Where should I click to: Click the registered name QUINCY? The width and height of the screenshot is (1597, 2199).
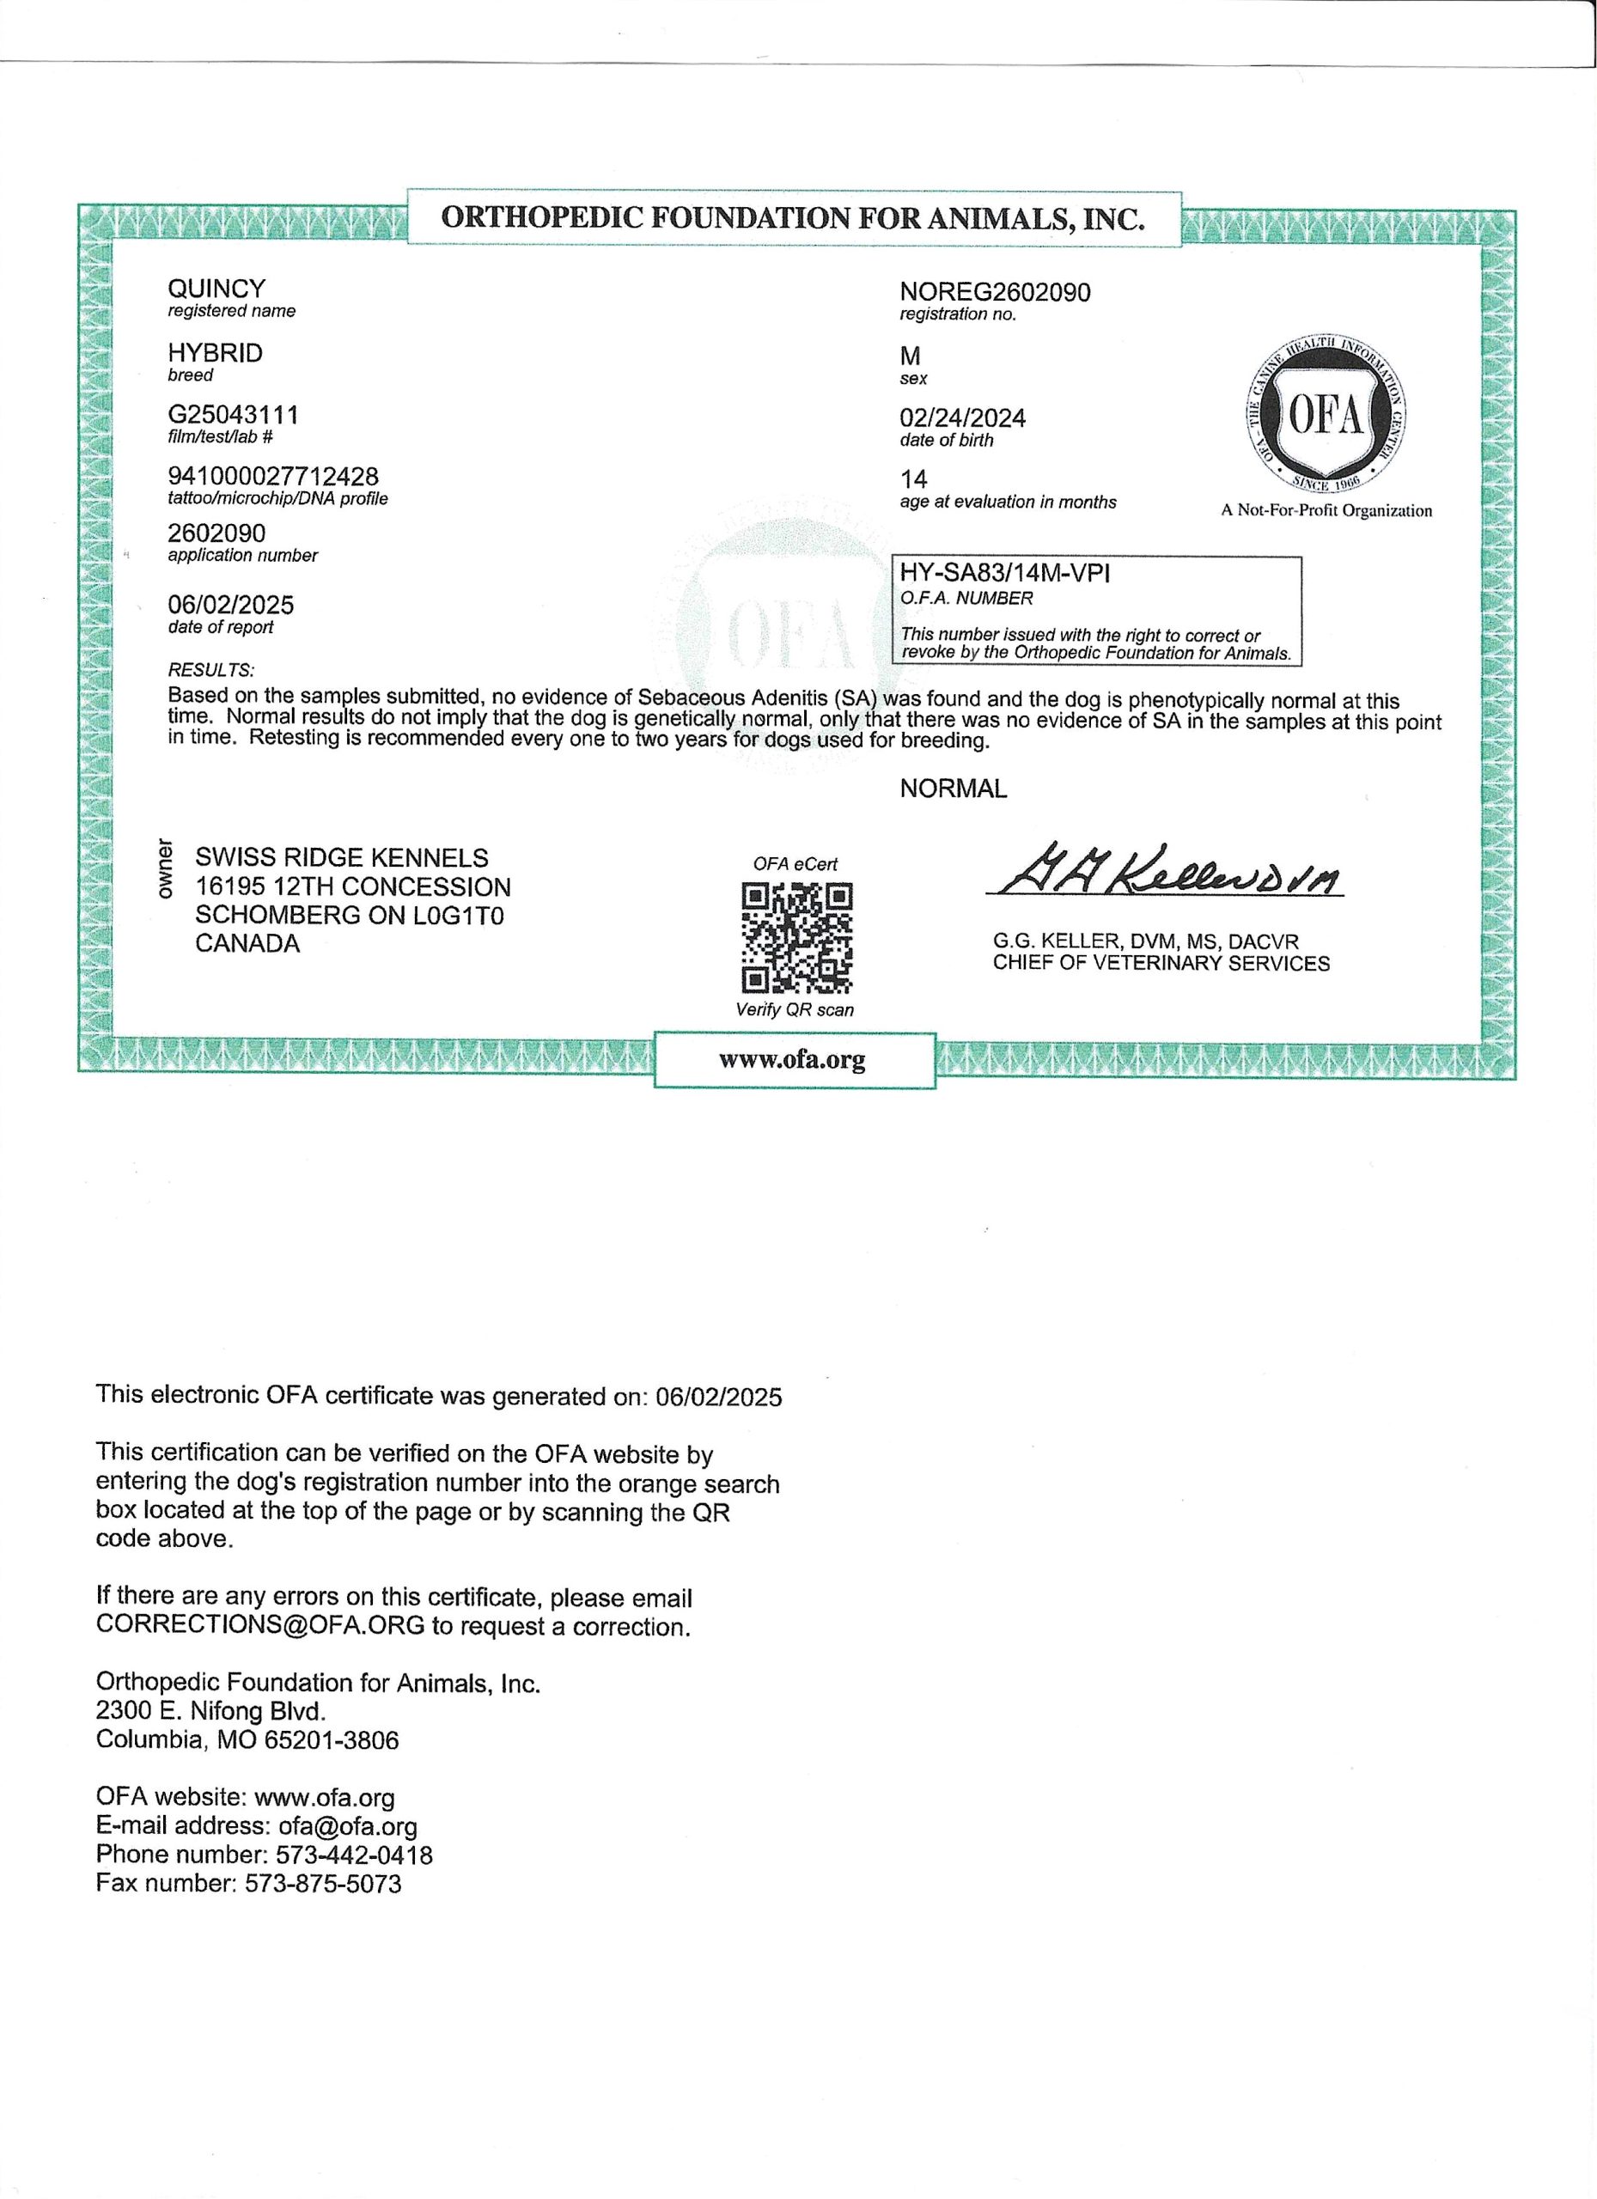pos(216,288)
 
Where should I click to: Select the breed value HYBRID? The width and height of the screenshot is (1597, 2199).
pos(216,353)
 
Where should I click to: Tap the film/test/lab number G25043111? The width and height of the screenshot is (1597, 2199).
pos(233,415)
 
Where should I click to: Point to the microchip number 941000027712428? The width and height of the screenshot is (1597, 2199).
pos(273,476)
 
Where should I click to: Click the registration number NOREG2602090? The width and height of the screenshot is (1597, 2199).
pos(995,292)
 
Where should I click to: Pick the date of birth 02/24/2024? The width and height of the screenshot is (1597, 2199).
pos(962,417)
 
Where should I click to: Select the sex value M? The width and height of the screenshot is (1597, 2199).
pos(910,356)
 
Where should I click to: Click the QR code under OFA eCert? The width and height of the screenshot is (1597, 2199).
pos(796,937)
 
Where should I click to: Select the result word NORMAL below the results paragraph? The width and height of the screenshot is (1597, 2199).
pos(954,789)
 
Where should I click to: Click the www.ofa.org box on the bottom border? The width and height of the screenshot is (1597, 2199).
pos(793,1060)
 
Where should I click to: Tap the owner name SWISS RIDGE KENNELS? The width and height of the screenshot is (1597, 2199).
pos(341,857)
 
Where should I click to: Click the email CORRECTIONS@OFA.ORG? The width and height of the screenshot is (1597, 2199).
pos(259,1626)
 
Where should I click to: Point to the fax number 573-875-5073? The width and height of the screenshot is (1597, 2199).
pos(323,1884)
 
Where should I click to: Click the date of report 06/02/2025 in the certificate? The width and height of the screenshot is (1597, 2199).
pos(231,605)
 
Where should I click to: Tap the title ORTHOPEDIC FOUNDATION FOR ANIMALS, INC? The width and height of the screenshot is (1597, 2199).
pos(792,218)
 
